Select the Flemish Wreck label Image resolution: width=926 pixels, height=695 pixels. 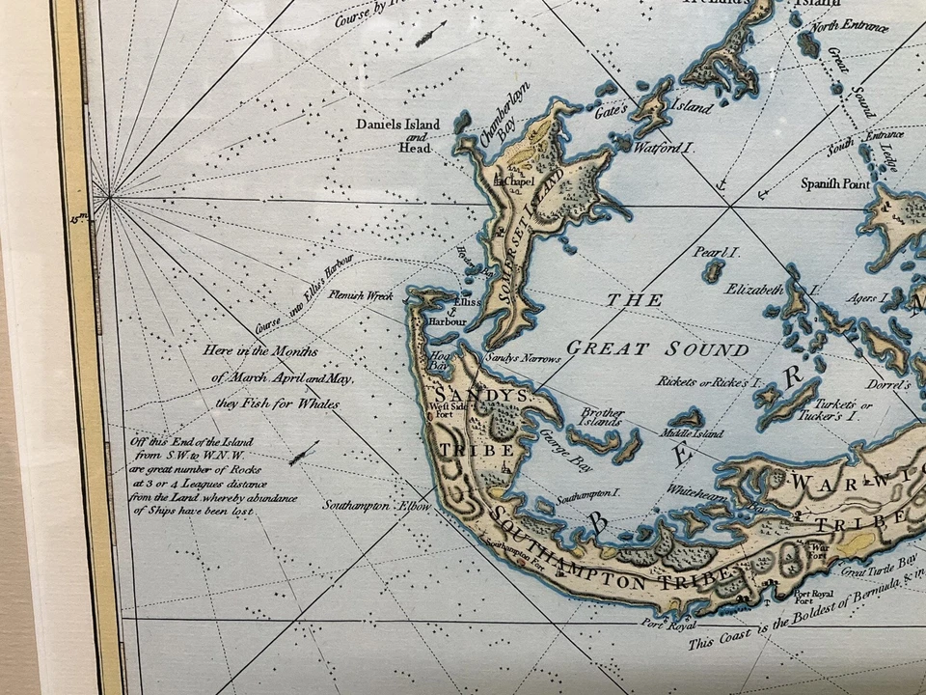[x=360, y=295]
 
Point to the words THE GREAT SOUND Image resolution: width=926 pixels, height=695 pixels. [x=656, y=325]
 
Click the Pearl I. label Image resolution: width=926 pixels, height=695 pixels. [x=716, y=253]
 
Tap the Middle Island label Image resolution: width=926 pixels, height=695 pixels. [x=693, y=434]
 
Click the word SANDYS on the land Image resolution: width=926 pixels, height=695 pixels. [x=468, y=396]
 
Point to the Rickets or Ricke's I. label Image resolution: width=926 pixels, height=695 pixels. [x=704, y=381]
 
